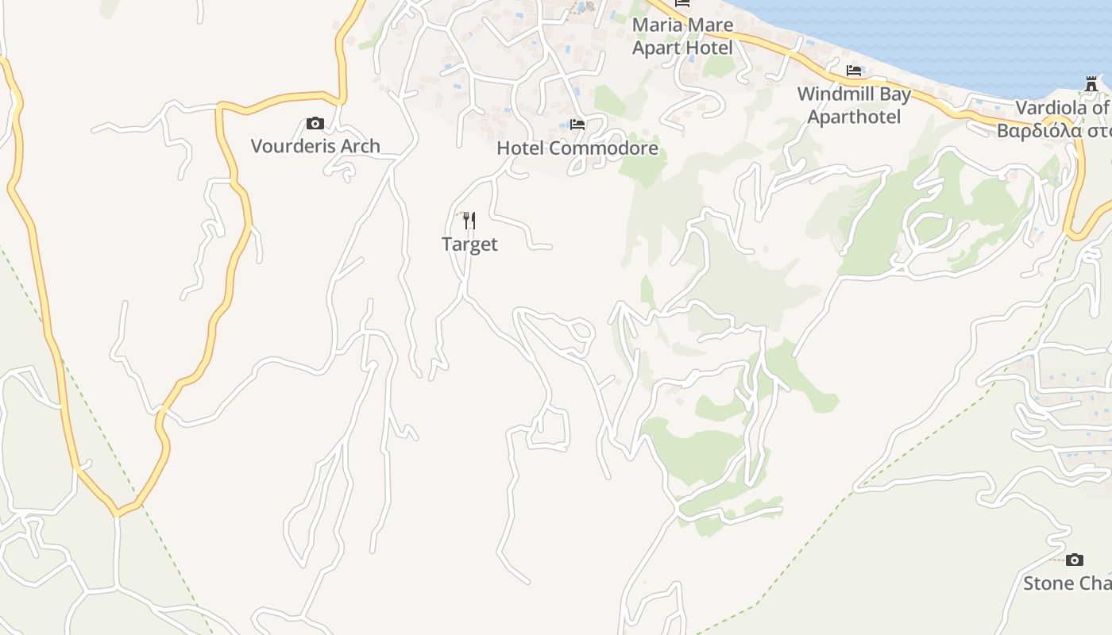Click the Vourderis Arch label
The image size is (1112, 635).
click(315, 146)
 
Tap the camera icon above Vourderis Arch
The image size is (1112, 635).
click(315, 124)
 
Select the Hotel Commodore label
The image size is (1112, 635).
click(577, 148)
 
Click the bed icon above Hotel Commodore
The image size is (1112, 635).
click(577, 125)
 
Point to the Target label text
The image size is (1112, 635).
click(469, 244)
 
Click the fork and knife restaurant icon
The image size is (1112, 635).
click(469, 220)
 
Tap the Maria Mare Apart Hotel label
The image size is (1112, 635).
click(682, 36)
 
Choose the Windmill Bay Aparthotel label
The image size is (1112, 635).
click(854, 105)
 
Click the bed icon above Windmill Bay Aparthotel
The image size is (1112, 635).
click(854, 71)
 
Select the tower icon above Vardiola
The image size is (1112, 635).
click(1091, 84)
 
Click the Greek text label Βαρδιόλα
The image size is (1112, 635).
click(1053, 131)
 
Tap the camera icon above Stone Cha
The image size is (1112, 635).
click(1075, 560)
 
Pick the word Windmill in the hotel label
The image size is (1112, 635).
click(832, 94)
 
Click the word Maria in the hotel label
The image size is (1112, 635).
click(654, 25)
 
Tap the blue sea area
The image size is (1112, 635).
click(953, 32)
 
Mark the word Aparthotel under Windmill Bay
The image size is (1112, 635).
click(854, 117)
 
